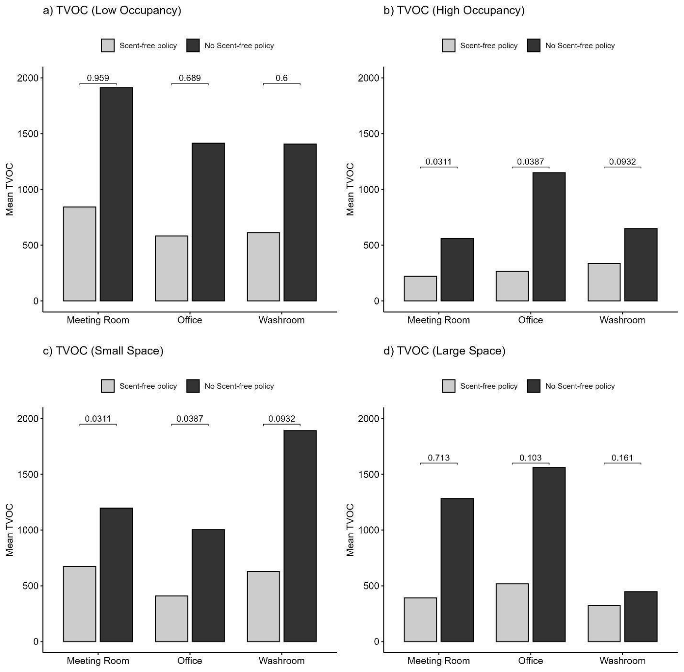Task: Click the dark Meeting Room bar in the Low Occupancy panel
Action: point(116,194)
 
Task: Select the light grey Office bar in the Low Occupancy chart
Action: point(171,268)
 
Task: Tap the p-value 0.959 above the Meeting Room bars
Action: point(98,78)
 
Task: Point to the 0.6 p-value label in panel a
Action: point(282,78)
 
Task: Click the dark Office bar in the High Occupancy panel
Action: point(549,237)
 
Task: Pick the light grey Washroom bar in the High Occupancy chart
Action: point(604,282)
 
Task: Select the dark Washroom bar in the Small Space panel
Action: point(300,536)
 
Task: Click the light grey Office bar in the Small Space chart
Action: point(171,619)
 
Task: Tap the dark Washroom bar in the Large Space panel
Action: point(641,617)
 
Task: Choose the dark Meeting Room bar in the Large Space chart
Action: point(457,570)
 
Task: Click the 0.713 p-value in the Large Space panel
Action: point(439,458)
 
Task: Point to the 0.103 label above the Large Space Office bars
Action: point(530,458)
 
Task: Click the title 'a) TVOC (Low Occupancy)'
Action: point(112,10)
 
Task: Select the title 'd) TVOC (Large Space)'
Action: point(444,351)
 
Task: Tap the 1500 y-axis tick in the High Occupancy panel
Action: point(368,134)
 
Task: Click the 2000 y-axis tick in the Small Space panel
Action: point(28,419)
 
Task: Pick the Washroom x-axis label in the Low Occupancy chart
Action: point(282,320)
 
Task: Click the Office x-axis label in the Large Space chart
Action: point(530,661)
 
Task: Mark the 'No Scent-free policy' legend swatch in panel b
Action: point(534,46)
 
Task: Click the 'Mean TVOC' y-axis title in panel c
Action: point(10,530)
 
